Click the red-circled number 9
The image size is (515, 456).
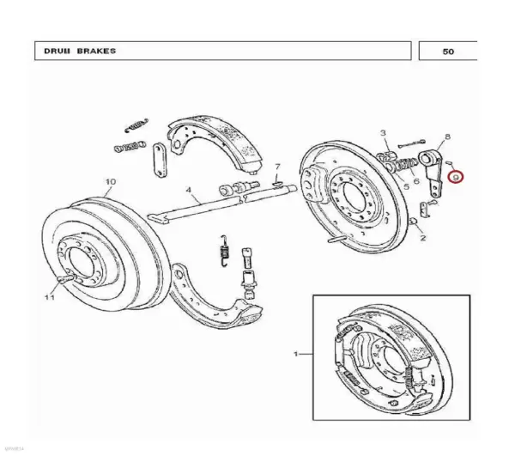[456, 178]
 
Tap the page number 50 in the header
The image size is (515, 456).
[448, 52]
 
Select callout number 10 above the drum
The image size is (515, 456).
[111, 182]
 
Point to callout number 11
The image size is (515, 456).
[50, 297]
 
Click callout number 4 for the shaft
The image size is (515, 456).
[188, 190]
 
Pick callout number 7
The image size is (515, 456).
[277, 167]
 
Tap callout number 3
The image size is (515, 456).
[383, 133]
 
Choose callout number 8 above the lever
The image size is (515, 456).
[447, 137]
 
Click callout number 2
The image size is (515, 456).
[422, 238]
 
